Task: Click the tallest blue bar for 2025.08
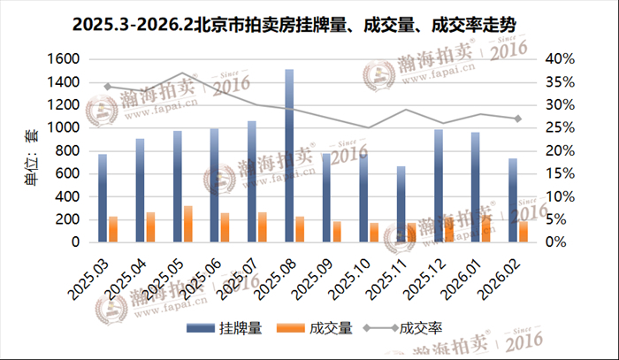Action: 289,156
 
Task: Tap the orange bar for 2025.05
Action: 188,224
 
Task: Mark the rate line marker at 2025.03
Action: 107,87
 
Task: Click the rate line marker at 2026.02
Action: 517,119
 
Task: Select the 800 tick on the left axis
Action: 69,150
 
